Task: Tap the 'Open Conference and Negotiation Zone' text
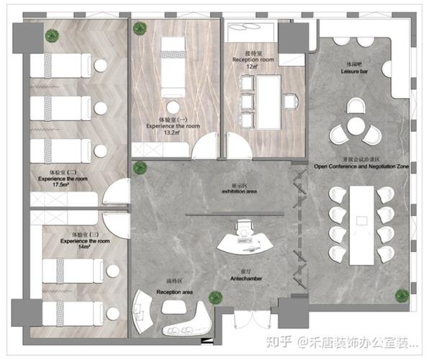point(361,166)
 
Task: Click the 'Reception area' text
point(174,292)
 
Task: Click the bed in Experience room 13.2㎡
point(173,63)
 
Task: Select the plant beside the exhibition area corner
point(139,168)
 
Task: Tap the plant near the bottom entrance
point(214,297)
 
